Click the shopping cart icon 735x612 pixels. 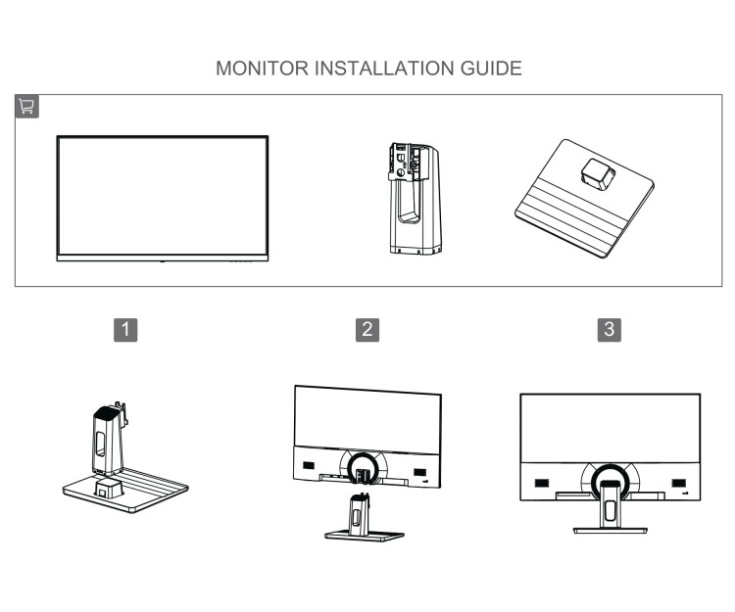(x=26, y=107)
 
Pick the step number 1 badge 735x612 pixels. (x=125, y=329)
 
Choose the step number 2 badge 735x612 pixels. (x=367, y=329)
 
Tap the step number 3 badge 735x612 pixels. (x=610, y=329)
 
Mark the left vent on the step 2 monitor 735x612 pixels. (x=308, y=468)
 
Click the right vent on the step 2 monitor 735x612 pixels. (x=419, y=473)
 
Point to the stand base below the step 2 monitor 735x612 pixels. (x=365, y=535)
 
